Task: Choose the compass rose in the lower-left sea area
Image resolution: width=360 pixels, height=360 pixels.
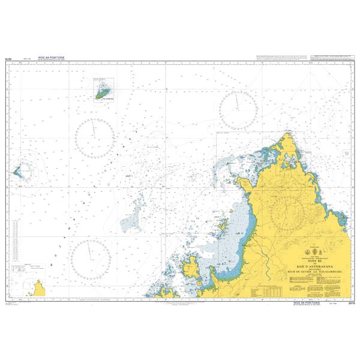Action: [x=90, y=256]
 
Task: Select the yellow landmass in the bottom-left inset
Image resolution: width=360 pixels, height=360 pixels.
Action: [x=41, y=290]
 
